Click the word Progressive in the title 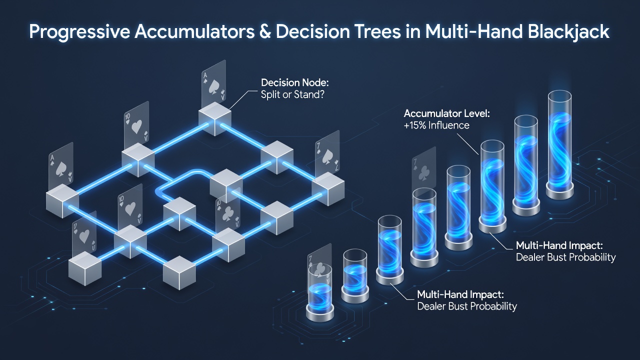click(79, 32)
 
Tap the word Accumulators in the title click(194, 31)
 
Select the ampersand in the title click(265, 31)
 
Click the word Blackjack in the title click(568, 32)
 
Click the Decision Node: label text click(295, 82)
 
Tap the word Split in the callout click(270, 94)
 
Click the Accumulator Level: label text click(446, 113)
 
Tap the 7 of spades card click(327, 154)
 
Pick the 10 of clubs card click(227, 212)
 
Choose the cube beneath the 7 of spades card click(328, 188)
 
